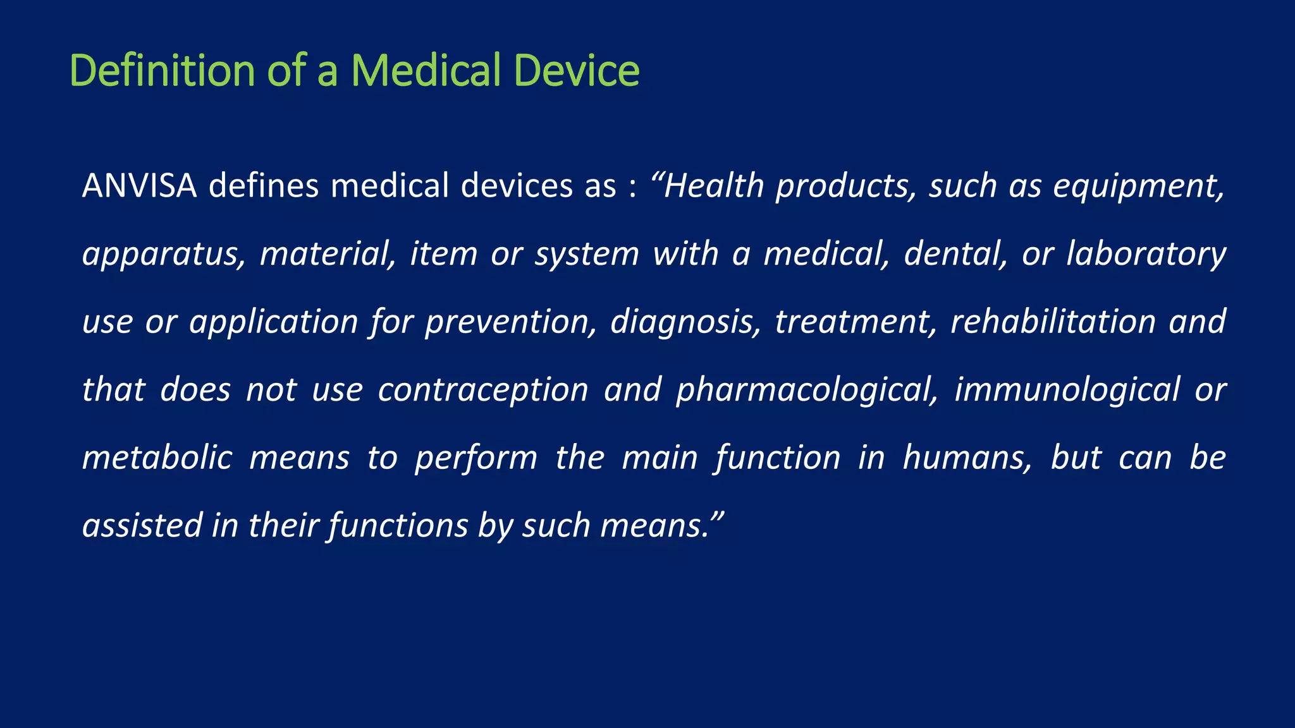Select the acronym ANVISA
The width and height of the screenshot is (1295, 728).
139,186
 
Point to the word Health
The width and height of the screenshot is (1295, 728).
714,186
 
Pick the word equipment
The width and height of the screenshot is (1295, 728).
1138,187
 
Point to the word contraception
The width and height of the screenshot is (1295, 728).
483,390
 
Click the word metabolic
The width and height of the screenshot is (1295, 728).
157,458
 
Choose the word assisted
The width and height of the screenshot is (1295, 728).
142,525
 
